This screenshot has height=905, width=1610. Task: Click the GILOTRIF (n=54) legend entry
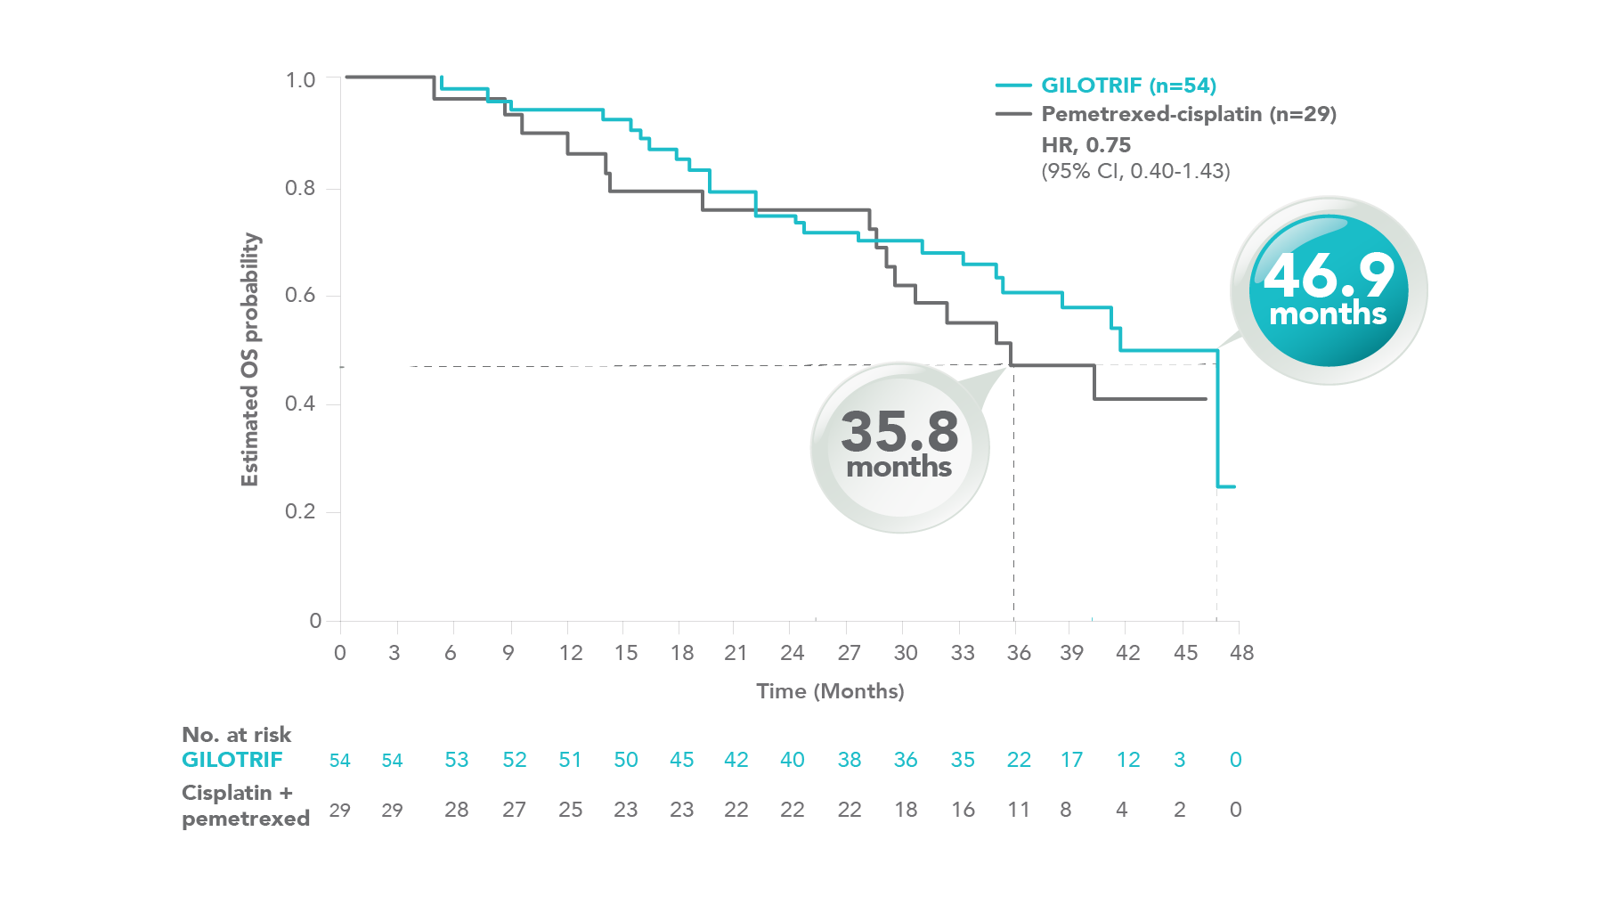pos(1128,86)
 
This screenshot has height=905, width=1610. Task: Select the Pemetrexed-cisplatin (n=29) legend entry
pos(1188,114)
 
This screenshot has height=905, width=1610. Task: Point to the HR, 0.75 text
pos(1086,145)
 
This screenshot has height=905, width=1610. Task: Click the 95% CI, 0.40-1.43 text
pos(1135,171)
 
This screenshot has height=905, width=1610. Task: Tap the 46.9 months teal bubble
pos(1329,290)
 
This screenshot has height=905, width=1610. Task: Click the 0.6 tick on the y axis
pos(300,296)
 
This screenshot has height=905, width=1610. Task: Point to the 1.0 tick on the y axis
pos(300,80)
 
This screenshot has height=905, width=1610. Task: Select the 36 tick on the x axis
pos(1019,653)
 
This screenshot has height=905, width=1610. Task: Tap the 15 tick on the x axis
pos(626,653)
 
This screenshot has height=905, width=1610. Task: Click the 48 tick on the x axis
pos(1241,653)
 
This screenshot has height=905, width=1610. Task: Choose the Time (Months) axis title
pos(830,691)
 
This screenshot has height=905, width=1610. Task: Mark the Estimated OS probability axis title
pos(250,360)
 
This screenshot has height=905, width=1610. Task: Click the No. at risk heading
pos(236,735)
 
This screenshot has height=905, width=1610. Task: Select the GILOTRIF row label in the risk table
pos(232,760)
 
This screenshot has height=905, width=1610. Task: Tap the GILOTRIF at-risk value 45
pos(681,760)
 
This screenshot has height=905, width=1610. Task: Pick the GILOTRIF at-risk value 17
pos(1071,760)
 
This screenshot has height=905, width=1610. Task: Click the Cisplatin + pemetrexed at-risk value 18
pos(906,810)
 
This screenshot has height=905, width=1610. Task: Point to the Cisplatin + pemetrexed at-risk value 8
pos(1065,810)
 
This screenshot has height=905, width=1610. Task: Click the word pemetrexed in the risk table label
pos(246,819)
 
